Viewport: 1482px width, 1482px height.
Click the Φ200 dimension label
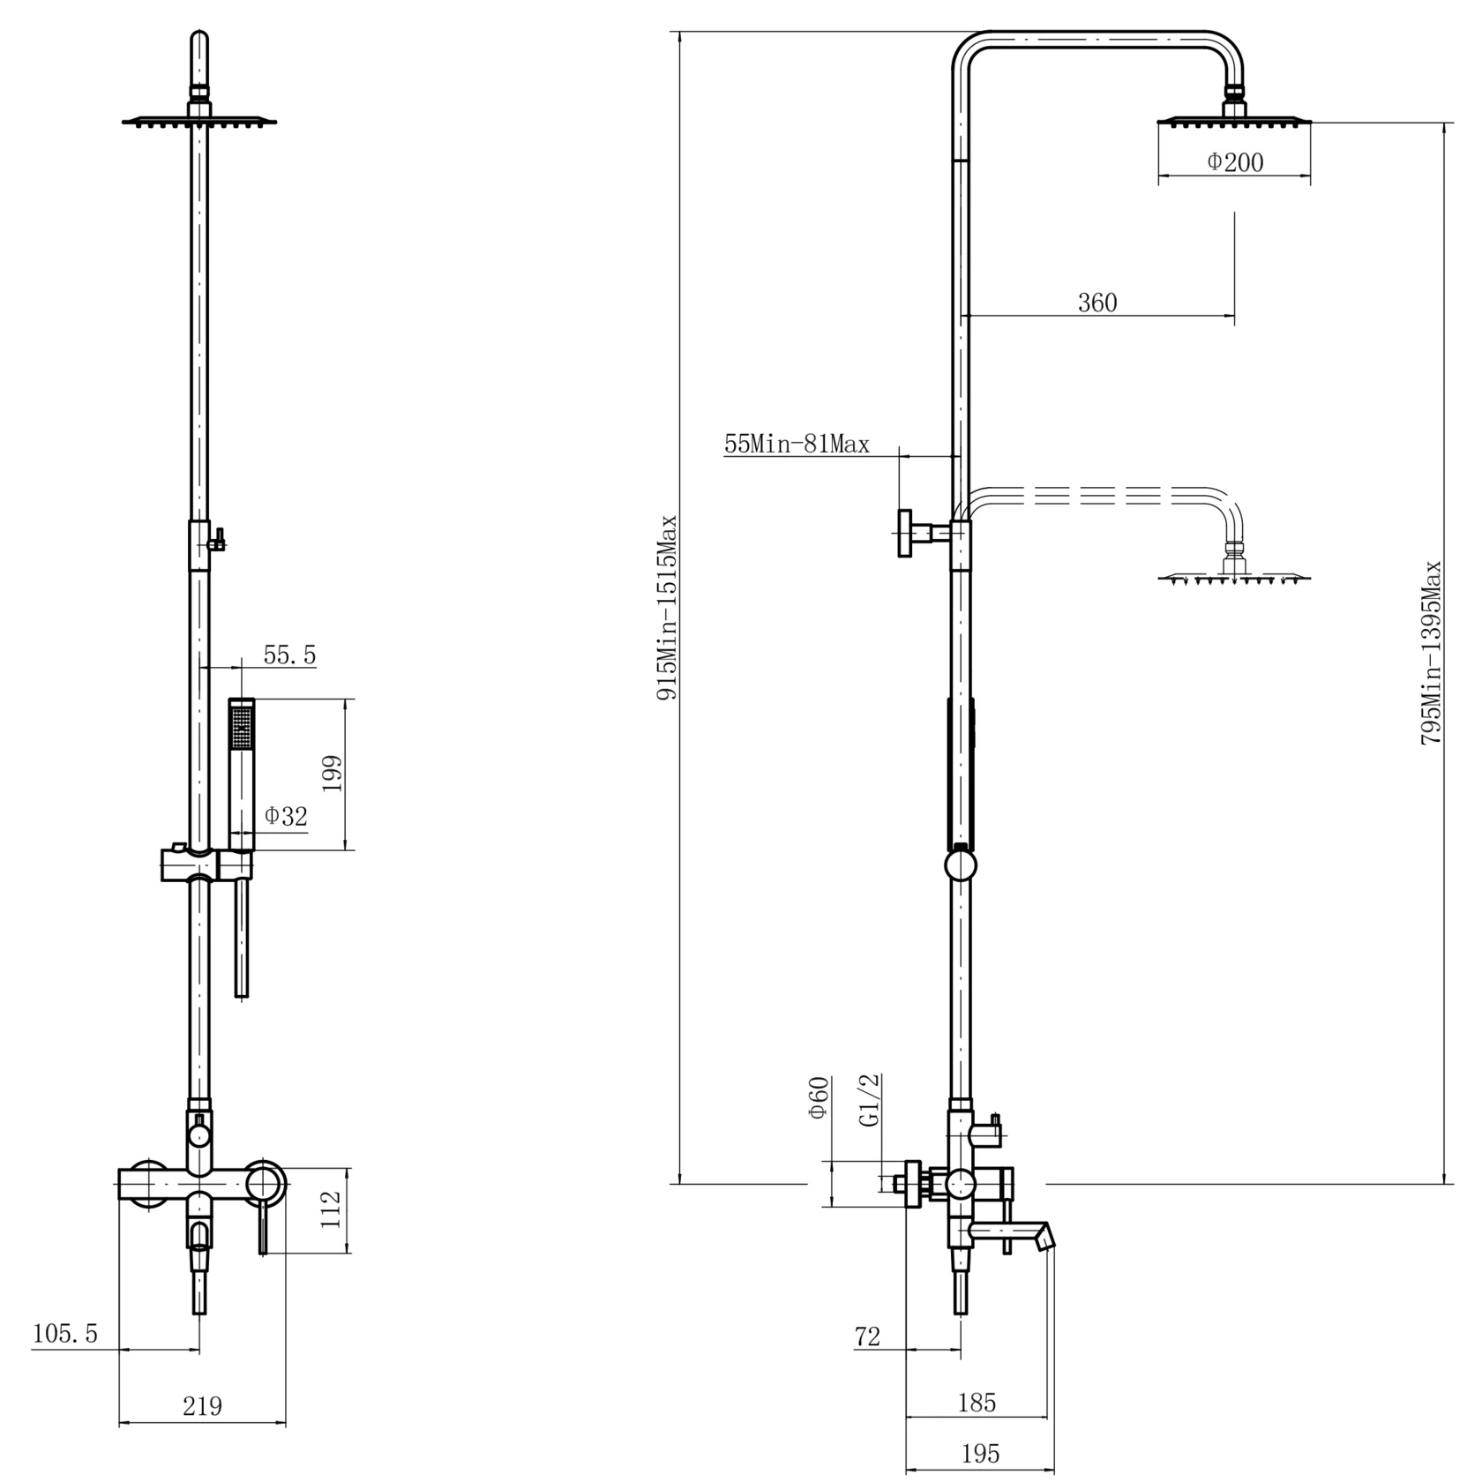(1235, 162)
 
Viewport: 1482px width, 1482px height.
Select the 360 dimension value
(1097, 303)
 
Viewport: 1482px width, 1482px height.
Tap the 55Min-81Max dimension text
(797, 444)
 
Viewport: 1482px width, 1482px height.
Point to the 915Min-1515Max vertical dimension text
(667, 608)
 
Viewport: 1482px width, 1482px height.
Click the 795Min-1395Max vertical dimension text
(1430, 653)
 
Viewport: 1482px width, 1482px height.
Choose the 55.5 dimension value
(289, 655)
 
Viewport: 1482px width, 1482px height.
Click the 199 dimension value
(332, 774)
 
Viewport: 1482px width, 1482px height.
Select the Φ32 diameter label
(286, 816)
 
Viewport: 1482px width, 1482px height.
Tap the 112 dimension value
(330, 1209)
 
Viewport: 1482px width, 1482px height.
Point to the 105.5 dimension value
(64, 1333)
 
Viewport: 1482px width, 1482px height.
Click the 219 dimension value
(202, 1405)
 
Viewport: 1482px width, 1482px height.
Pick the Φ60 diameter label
(818, 1097)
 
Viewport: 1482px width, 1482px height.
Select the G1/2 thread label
(870, 1100)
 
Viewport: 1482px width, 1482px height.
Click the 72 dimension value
(867, 1336)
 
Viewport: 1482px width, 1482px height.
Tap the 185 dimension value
(977, 1402)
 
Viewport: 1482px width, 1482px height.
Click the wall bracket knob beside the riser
(906, 533)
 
